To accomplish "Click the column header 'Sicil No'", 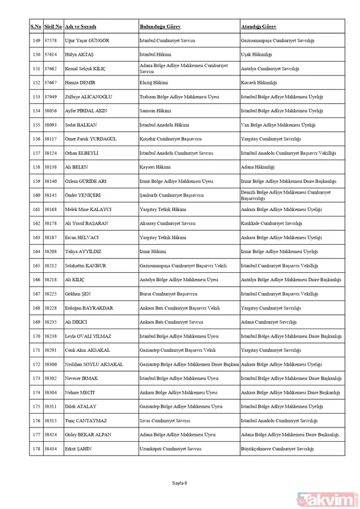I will [53, 27].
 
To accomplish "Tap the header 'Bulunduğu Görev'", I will [160, 27].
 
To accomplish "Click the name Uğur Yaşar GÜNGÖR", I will [91, 40].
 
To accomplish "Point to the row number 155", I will [35, 125].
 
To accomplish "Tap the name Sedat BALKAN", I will [82, 125].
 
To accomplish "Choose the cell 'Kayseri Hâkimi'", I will [155, 167].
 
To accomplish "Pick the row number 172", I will [35, 365].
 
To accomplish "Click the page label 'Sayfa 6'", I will [180, 483].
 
